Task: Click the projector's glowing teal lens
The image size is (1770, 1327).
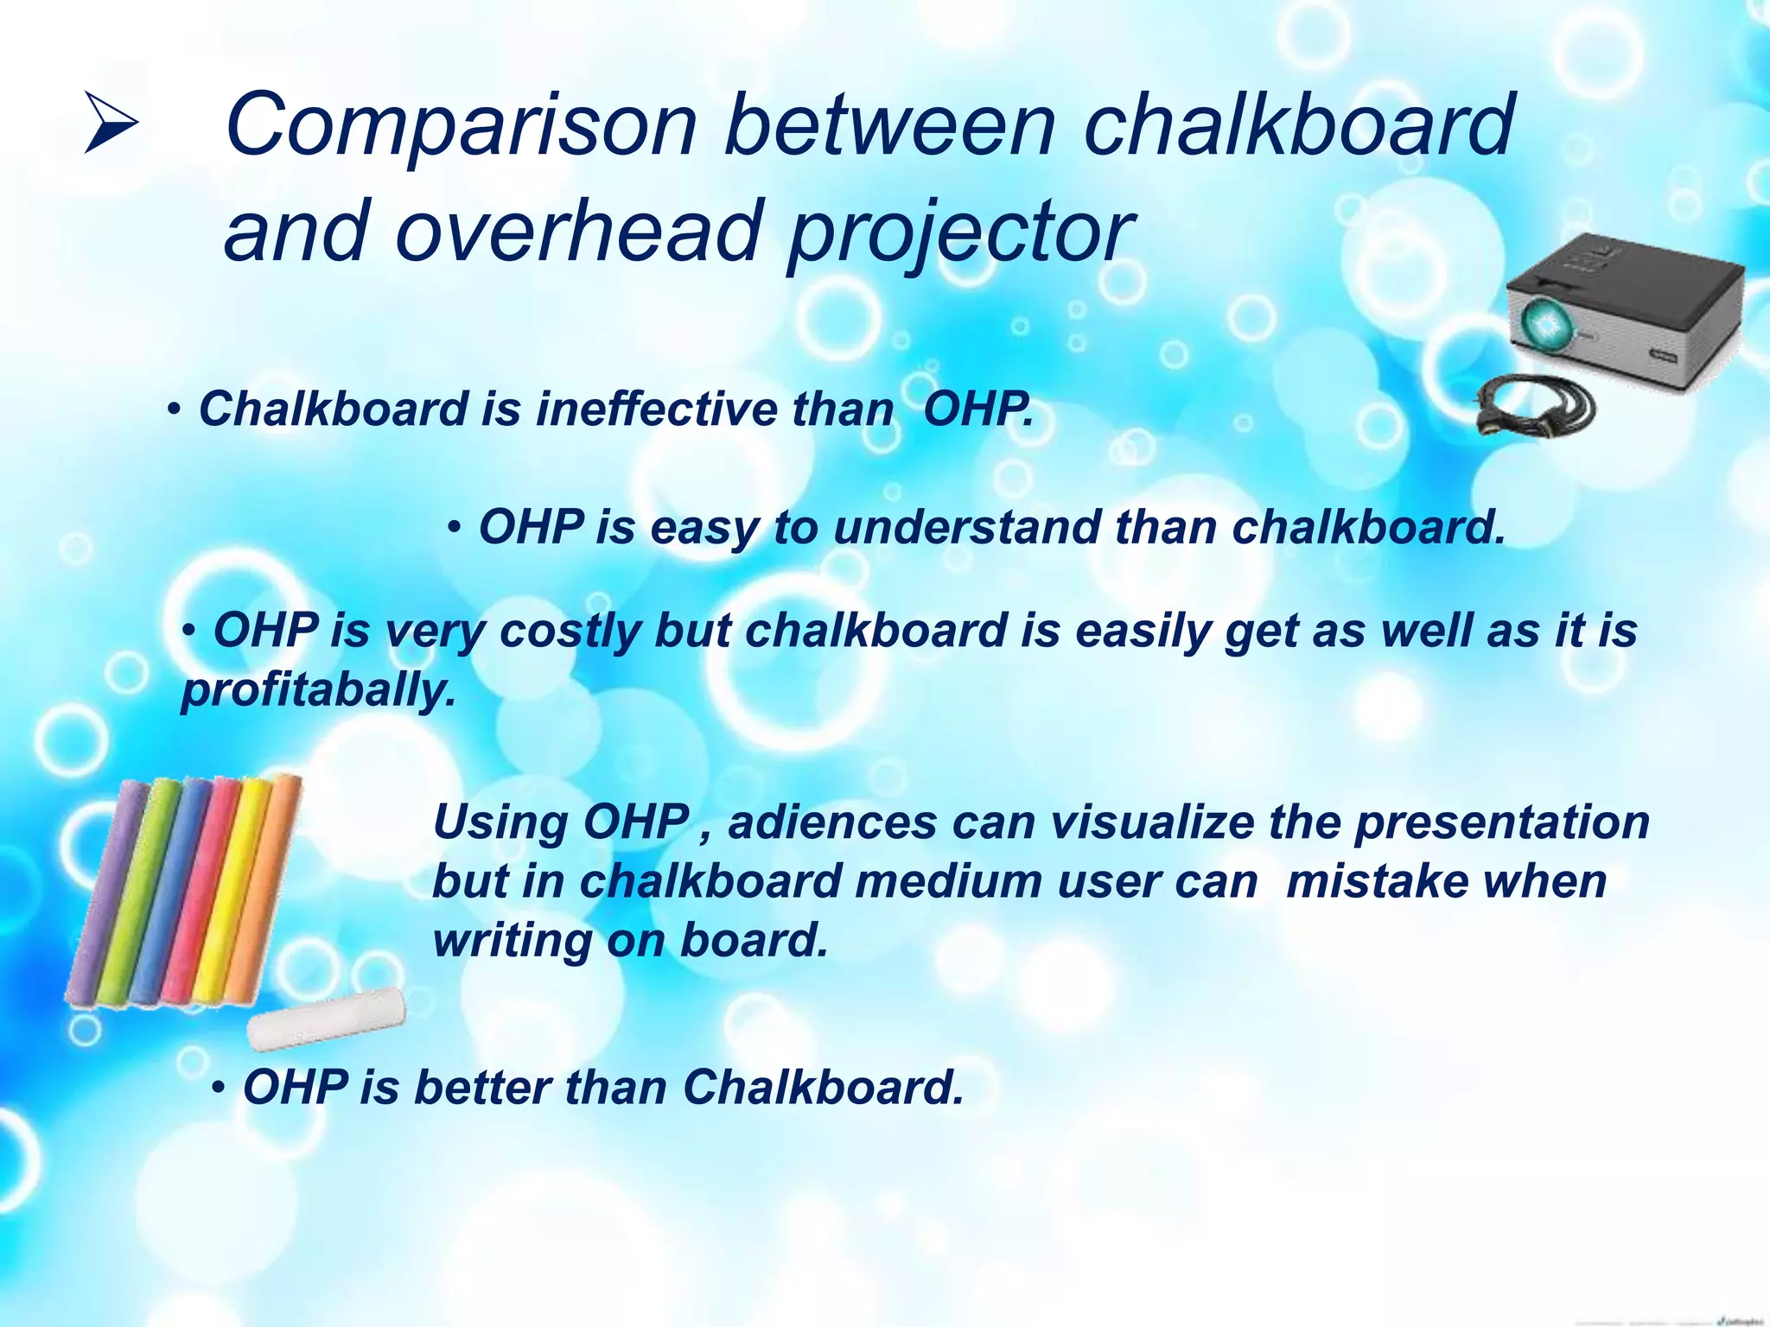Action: (x=1544, y=323)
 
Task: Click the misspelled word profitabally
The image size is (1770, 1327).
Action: (x=318, y=691)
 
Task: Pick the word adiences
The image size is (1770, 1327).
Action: (x=832, y=822)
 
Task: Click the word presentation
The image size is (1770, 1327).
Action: (x=1502, y=822)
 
